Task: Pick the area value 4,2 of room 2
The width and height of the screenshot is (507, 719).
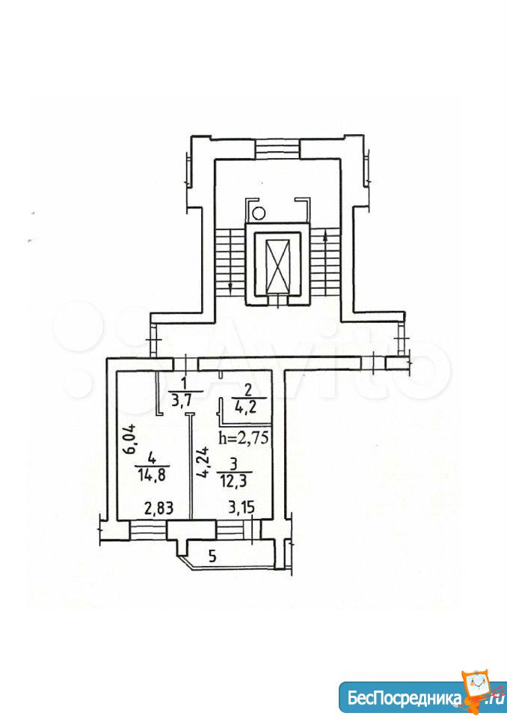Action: pyautogui.click(x=249, y=407)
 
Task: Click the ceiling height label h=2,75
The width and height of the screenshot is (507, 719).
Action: pyautogui.click(x=244, y=438)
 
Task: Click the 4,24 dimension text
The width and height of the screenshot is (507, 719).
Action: pyautogui.click(x=206, y=461)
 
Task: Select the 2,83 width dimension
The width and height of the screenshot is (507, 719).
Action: pyautogui.click(x=159, y=508)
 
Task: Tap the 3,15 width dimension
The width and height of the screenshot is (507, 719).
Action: pyautogui.click(x=242, y=508)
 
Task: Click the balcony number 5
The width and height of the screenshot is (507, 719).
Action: pyautogui.click(x=212, y=556)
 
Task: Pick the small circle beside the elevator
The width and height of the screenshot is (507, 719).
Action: pyautogui.click(x=259, y=213)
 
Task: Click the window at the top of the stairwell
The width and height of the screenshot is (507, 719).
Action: pyautogui.click(x=277, y=148)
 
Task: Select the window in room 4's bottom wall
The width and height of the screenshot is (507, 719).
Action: pyautogui.click(x=148, y=530)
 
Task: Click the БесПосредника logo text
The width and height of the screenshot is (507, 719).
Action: pyautogui.click(x=405, y=698)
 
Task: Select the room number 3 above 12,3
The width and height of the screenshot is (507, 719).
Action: pyautogui.click(x=234, y=464)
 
